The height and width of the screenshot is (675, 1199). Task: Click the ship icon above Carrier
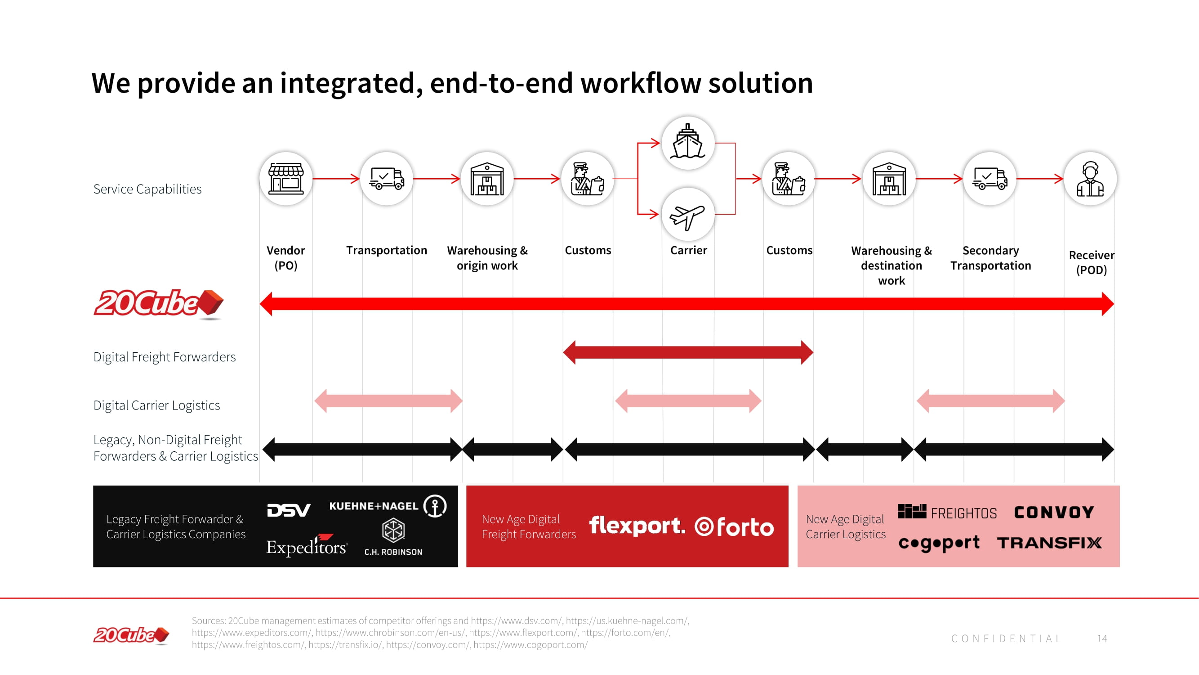(687, 142)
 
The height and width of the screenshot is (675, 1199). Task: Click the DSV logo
(289, 510)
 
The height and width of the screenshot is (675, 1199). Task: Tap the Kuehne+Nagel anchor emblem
(435, 506)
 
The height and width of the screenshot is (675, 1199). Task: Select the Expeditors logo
(307, 546)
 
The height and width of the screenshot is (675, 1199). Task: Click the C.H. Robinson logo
(393, 537)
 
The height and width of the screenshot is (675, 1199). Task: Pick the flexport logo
(637, 526)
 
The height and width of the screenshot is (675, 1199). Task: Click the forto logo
(735, 527)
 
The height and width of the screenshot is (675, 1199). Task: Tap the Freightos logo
(947, 512)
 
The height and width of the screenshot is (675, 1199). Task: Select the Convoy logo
(1054, 513)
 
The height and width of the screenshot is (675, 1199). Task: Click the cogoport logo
(939, 543)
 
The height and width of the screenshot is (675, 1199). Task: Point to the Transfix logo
(1049, 543)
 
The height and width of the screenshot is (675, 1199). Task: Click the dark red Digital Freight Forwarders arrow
(688, 353)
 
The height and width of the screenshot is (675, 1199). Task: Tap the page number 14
(1102, 639)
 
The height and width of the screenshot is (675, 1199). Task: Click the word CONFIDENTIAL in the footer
(1006, 639)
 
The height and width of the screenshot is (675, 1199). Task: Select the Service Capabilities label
(147, 189)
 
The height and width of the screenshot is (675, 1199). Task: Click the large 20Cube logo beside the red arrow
(158, 303)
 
